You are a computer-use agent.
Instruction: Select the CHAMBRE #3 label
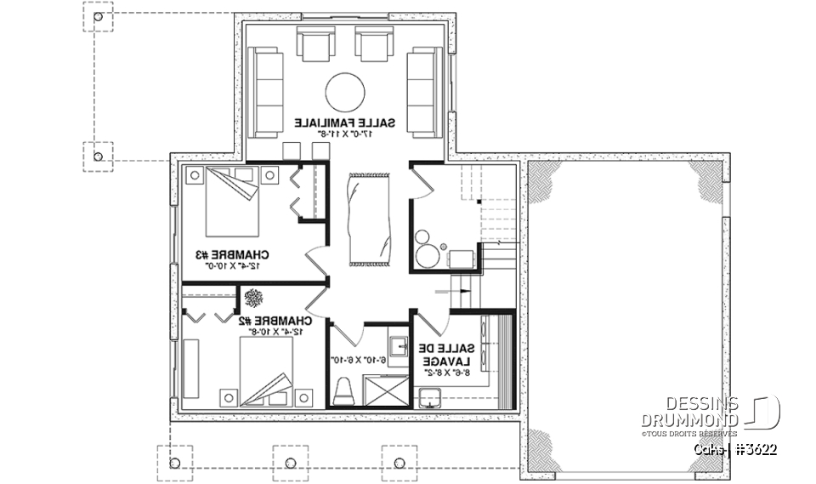[x=232, y=254]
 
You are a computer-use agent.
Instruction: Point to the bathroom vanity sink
[x=398, y=346]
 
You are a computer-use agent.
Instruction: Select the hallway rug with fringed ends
[x=370, y=218]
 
